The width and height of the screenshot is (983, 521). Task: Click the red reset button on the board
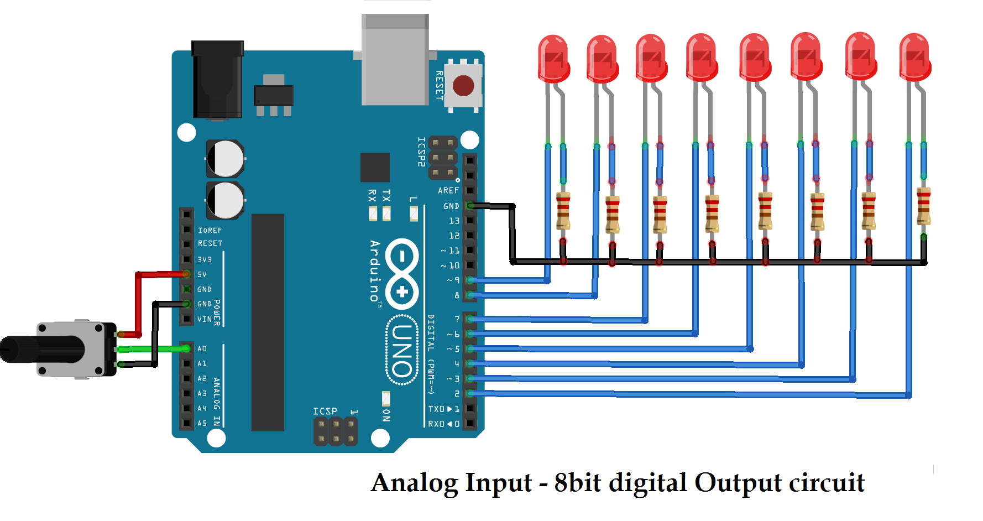click(x=463, y=86)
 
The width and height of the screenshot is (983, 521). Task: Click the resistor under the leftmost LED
click(x=563, y=211)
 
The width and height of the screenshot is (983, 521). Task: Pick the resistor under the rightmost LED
click(x=923, y=206)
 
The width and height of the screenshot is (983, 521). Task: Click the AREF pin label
click(x=448, y=190)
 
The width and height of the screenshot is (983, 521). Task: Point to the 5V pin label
click(x=202, y=274)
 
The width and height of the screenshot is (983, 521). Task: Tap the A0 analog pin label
click(x=202, y=349)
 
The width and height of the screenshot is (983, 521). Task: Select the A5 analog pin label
click(x=202, y=424)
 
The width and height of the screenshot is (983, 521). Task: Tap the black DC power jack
click(x=217, y=80)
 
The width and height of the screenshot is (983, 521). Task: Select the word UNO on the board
click(x=402, y=350)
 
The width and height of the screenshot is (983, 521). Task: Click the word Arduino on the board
click(x=375, y=271)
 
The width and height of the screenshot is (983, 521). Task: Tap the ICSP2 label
click(x=421, y=152)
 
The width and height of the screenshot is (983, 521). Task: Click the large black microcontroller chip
click(x=268, y=322)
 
